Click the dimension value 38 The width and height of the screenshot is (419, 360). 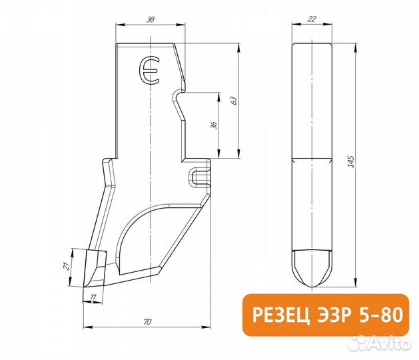click(150, 20)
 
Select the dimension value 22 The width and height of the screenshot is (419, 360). click(311, 20)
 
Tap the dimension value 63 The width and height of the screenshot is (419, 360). click(233, 101)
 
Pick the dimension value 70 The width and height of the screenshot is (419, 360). click(147, 322)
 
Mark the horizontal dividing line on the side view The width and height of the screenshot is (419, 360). click(311, 159)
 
